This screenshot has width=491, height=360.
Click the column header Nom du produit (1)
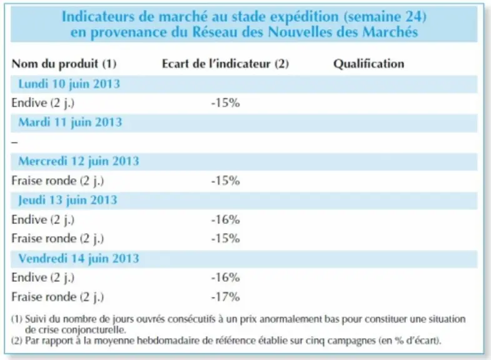(64, 64)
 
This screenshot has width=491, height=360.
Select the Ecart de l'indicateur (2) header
(225, 64)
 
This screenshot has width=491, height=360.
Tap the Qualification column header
(368, 64)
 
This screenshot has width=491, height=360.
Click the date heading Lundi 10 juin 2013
(69, 84)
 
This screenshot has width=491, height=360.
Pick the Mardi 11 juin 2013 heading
(70, 122)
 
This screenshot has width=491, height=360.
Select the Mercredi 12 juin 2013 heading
(79, 161)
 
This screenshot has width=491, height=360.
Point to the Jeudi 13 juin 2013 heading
(68, 200)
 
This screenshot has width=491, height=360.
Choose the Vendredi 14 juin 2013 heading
(79, 259)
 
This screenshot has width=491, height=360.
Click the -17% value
(225, 297)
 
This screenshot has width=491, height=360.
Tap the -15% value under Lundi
(225, 103)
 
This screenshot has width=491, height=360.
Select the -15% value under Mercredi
(225, 181)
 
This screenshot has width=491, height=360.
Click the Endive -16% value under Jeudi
(225, 219)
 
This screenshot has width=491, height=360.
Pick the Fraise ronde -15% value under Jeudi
(225, 239)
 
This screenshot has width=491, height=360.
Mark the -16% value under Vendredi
(225, 277)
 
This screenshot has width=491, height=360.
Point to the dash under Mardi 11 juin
(15, 142)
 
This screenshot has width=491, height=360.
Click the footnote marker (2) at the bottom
(17, 340)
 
